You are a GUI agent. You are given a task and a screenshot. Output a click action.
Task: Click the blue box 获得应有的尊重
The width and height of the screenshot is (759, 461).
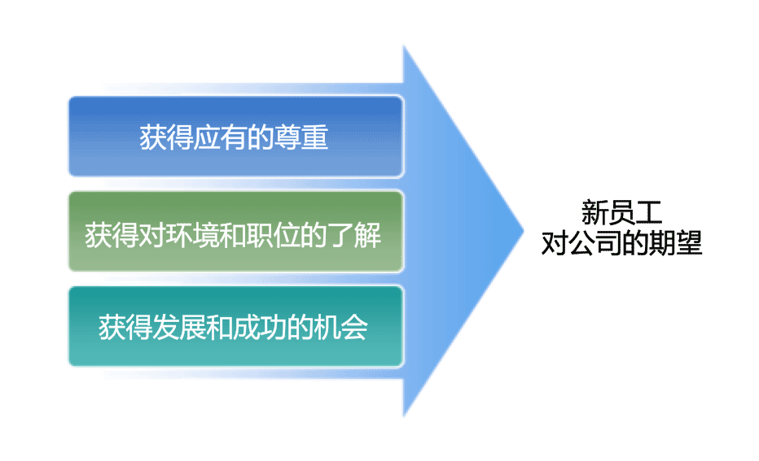point(235,137)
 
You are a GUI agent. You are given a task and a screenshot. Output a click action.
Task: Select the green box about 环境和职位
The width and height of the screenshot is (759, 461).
point(235,232)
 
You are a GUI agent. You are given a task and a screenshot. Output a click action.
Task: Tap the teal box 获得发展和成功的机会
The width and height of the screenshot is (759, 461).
point(235,326)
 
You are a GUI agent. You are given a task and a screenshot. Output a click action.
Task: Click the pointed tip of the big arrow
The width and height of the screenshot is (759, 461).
point(524,231)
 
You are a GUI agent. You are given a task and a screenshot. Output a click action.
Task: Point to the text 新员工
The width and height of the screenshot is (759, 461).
point(621,212)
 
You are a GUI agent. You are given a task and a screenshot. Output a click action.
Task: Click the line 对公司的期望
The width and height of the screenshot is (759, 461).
point(621,242)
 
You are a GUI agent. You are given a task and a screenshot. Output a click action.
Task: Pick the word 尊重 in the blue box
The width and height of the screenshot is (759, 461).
point(301,137)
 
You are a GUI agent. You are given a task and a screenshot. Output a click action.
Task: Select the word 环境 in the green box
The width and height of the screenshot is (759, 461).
point(193,235)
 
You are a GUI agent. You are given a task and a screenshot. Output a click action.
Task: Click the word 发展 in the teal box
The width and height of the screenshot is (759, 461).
point(179,327)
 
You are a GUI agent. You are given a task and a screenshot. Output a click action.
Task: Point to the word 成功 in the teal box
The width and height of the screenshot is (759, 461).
point(260,327)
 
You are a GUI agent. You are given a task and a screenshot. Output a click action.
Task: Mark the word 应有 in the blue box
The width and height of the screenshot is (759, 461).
point(220,137)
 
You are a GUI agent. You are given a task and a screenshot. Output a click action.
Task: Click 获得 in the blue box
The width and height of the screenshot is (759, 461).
point(166,137)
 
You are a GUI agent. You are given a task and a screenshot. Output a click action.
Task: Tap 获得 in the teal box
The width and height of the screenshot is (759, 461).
point(125,327)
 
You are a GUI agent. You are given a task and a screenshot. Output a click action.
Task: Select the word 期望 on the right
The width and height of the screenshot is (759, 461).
point(675,242)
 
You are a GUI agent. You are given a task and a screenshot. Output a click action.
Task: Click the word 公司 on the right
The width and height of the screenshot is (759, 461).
point(595,242)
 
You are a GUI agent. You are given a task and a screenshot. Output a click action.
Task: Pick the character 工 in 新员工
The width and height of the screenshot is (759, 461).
point(648,212)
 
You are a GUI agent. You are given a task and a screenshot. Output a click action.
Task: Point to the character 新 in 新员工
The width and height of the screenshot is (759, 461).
point(595,212)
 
